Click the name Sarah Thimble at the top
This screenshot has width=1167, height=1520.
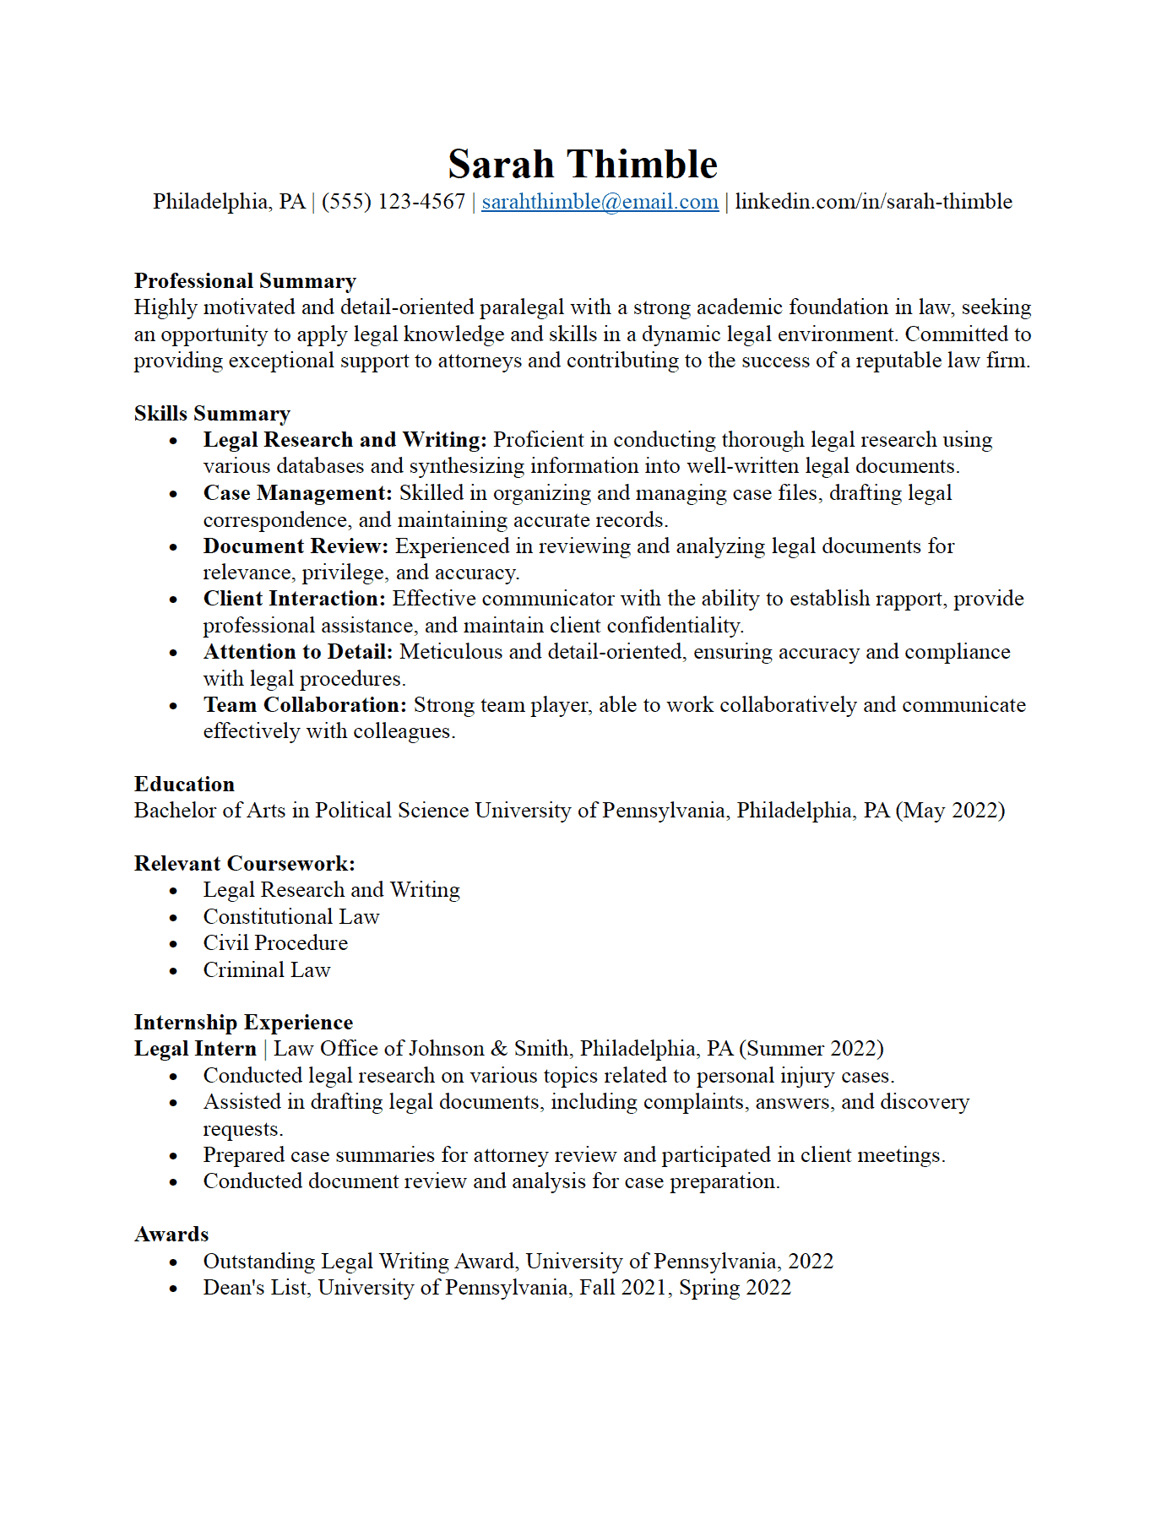(583, 164)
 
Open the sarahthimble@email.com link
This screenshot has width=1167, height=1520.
(600, 202)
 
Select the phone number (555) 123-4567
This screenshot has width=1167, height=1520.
(394, 202)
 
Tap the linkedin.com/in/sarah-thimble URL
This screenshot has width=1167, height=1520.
(873, 202)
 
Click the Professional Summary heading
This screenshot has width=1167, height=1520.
(245, 281)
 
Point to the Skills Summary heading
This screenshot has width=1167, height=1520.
(212, 414)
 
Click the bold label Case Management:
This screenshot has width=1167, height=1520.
(298, 493)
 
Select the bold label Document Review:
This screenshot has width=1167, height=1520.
(296, 546)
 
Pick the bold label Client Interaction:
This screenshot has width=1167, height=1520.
(294, 599)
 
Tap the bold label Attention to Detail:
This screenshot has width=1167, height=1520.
(298, 652)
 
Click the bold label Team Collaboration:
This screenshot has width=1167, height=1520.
(305, 705)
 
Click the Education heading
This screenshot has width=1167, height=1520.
(184, 784)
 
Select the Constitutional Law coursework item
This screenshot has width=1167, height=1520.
(291, 917)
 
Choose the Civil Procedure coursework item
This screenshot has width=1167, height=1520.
(275, 943)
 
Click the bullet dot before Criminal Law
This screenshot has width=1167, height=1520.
(173, 971)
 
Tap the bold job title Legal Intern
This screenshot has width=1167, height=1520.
(195, 1049)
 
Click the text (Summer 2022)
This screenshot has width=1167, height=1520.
(811, 1049)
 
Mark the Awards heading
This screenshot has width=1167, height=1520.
(171, 1235)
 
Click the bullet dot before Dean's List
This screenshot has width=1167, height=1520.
(173, 1289)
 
